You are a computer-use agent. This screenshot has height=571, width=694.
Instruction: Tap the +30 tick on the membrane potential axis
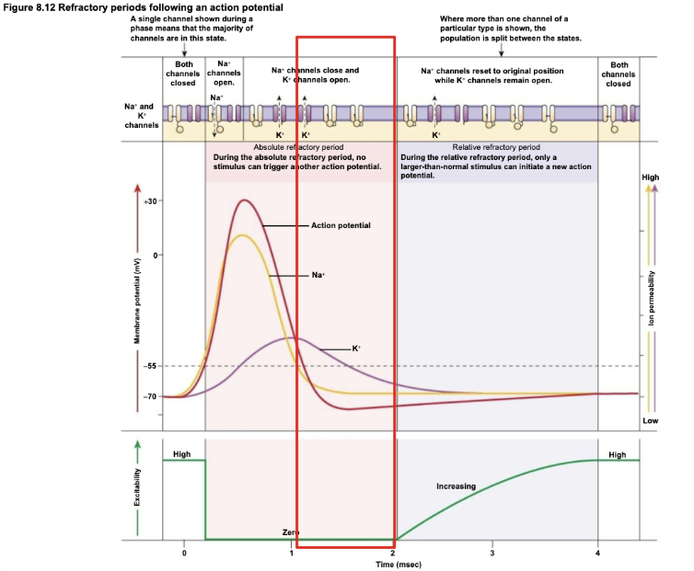152,200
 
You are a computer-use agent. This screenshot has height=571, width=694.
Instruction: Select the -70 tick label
150,396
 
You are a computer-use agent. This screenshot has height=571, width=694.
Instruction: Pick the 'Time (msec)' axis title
397,563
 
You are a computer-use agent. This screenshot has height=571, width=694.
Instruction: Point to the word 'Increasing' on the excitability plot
457,485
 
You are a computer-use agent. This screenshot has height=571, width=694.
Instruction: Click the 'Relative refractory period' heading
496,147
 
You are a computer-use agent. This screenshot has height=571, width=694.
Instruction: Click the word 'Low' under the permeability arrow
651,420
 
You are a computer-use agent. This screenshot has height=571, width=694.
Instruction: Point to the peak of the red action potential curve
244,200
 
